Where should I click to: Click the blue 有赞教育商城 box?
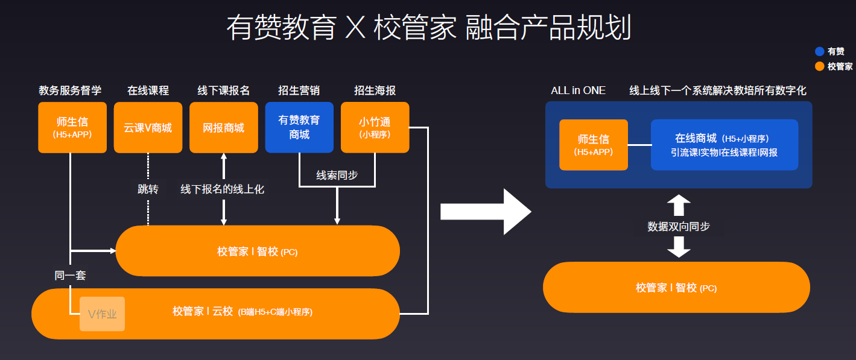pyautogui.click(x=299, y=127)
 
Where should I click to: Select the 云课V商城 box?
pyautogui.click(x=148, y=127)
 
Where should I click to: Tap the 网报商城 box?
pyautogui.click(x=224, y=127)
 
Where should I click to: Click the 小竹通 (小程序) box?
pyautogui.click(x=375, y=127)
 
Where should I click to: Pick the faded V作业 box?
pyautogui.click(x=102, y=314)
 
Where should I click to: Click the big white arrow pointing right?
pyautogui.click(x=486, y=212)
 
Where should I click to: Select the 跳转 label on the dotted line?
pyautogui.click(x=148, y=189)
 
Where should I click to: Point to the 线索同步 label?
pyautogui.click(x=337, y=175)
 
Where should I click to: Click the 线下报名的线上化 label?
pyautogui.click(x=223, y=189)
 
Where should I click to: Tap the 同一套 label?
pyautogui.click(x=70, y=276)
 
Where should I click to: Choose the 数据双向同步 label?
pyautogui.click(x=679, y=227)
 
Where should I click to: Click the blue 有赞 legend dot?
pyautogui.click(x=819, y=52)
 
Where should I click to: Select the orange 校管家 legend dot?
pyautogui.click(x=819, y=66)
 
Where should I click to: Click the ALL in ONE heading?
pyautogui.click(x=578, y=90)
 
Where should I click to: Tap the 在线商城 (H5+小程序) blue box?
pyautogui.click(x=724, y=145)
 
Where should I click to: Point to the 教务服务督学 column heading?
pyautogui.click(x=70, y=90)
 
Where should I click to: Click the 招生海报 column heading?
pyautogui.click(x=375, y=90)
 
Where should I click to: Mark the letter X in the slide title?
pyautogui.click(x=355, y=28)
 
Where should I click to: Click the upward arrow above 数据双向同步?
pyautogui.click(x=679, y=205)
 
